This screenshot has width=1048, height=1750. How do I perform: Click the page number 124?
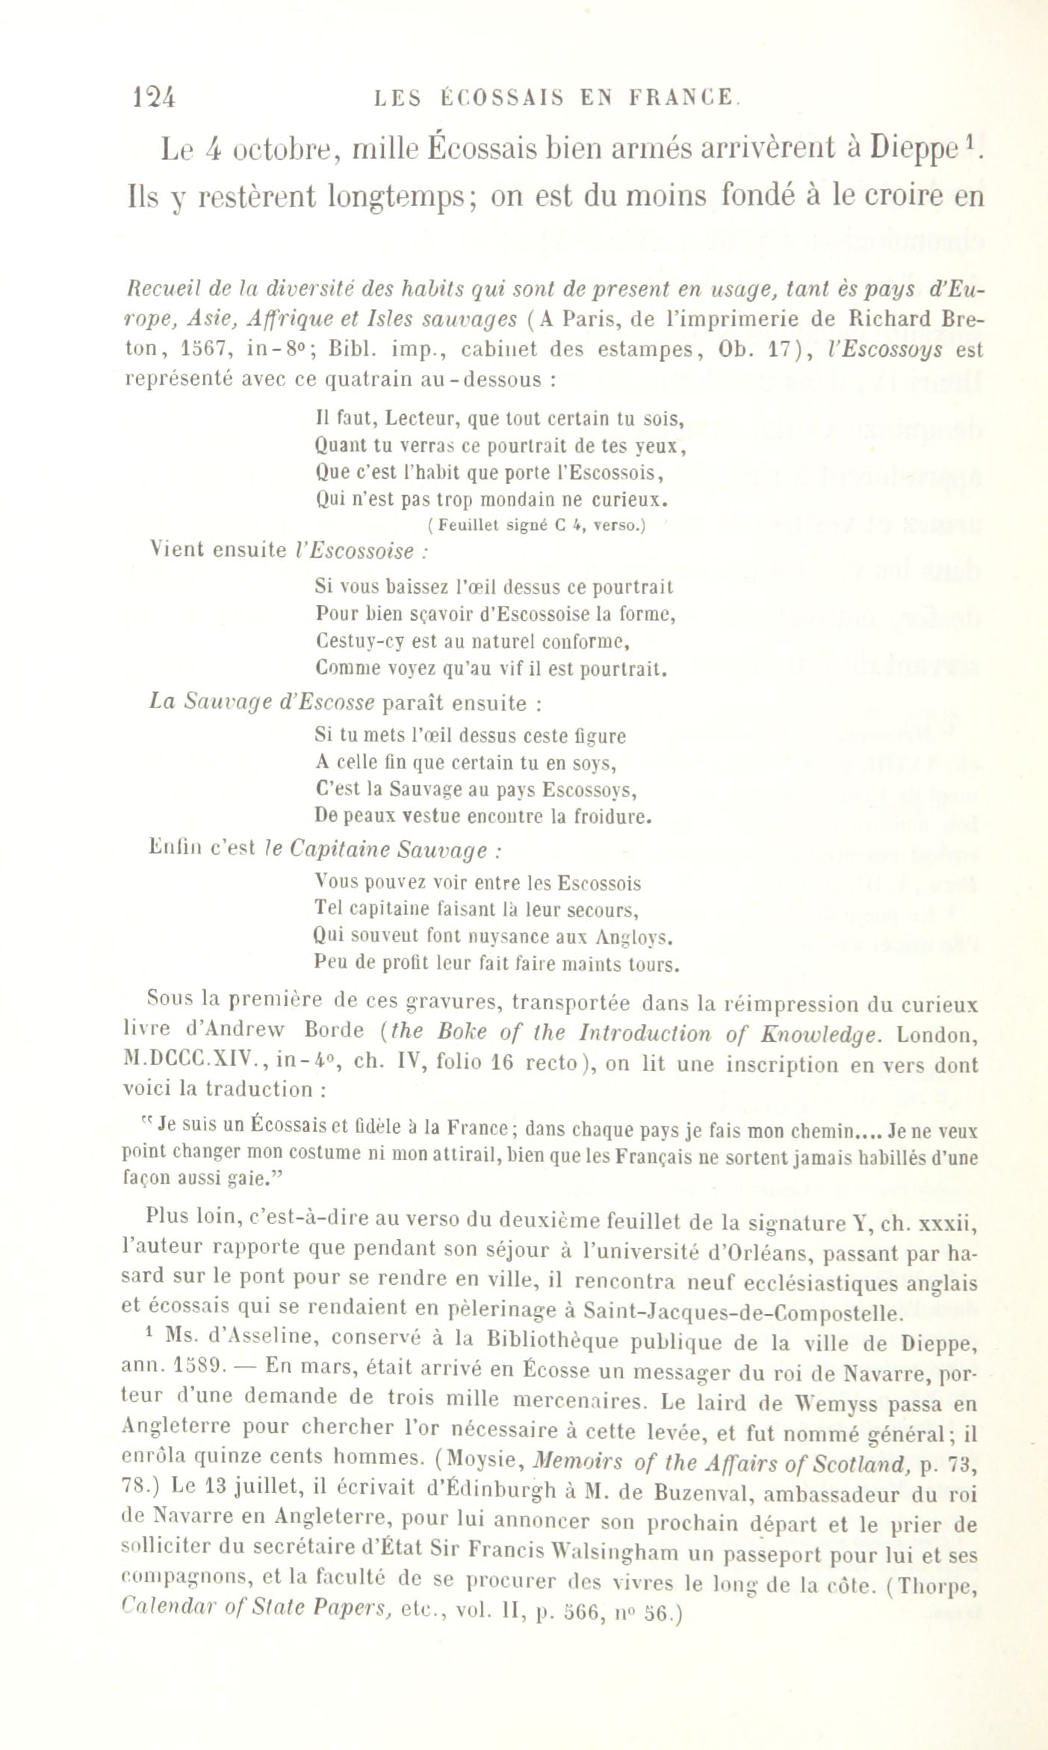click(153, 97)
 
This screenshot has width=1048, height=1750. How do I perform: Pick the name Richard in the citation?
click(888, 319)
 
